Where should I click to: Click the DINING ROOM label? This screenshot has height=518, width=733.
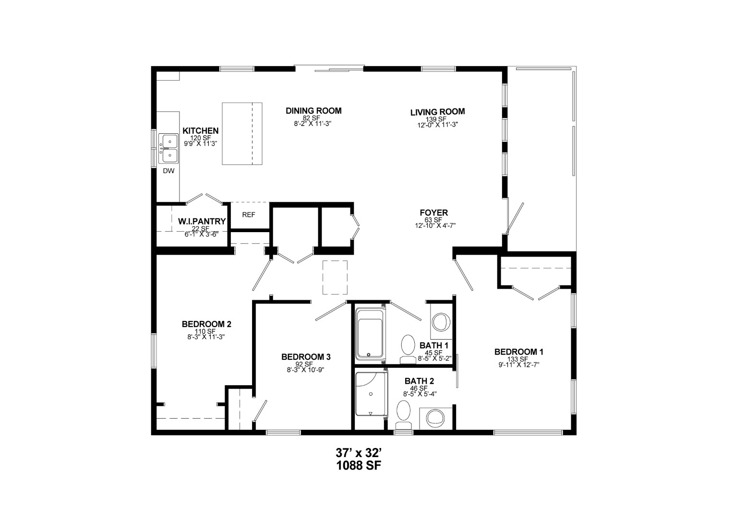[313, 111]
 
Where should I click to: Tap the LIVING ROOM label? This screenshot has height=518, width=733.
[437, 112]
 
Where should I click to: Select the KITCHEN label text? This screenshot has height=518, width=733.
[201, 130]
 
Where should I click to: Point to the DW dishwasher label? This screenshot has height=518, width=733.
[168, 171]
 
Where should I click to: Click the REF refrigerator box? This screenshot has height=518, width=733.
[249, 215]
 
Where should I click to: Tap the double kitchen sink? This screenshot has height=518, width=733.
[169, 149]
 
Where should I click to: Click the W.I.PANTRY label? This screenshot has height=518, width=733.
[202, 221]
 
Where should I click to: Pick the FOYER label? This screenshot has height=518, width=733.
[433, 212]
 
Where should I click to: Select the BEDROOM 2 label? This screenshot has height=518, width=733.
[206, 324]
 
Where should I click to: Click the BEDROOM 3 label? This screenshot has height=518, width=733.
[306, 357]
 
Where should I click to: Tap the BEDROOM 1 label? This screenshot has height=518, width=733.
[519, 352]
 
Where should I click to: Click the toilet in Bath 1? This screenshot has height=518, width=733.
[408, 348]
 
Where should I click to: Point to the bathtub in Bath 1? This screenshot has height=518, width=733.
[370, 334]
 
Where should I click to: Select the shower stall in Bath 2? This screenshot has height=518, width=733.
[370, 394]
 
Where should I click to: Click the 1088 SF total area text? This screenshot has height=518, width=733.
[359, 465]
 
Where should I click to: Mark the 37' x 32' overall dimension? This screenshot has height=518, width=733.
[359, 452]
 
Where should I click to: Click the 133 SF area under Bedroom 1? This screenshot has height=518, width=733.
[518, 359]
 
